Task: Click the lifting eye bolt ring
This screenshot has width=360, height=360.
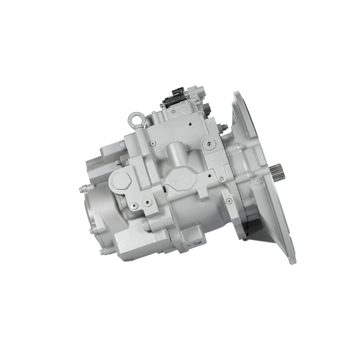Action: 135,119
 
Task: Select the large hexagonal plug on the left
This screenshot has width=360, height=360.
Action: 121,181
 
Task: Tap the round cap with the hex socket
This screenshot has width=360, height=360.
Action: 209,144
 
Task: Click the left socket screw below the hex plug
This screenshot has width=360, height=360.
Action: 132,206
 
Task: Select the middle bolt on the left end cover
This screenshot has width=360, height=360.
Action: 92,231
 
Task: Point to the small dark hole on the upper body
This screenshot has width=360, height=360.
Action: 192,122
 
